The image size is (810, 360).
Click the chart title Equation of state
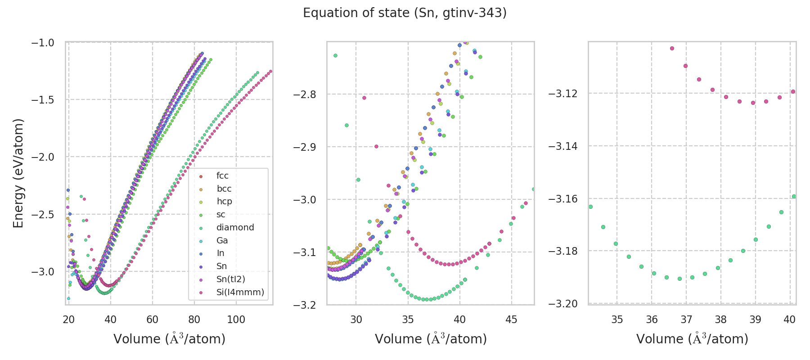click(x=405, y=13)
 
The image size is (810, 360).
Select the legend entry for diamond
click(x=235, y=227)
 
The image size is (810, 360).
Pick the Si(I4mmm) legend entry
click(x=240, y=292)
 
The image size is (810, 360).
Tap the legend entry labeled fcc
click(x=222, y=175)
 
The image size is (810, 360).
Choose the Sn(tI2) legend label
click(x=230, y=279)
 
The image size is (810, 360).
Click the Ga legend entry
click(x=222, y=240)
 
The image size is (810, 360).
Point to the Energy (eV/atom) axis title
click(x=18, y=173)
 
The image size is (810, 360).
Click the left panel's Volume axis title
click(x=169, y=339)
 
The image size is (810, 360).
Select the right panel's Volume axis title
click(x=692, y=339)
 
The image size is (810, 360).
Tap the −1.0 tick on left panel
click(x=42, y=43)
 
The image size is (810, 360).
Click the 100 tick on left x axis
click(x=236, y=319)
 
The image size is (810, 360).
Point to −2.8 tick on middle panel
click(x=305, y=94)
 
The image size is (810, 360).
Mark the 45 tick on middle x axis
click(x=512, y=319)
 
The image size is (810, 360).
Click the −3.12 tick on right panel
click(x=562, y=94)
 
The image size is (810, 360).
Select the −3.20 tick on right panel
click(x=562, y=304)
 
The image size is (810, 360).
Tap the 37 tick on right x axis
click(x=686, y=319)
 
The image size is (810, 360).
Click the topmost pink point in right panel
click(x=672, y=48)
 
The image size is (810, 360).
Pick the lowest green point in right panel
click(x=679, y=279)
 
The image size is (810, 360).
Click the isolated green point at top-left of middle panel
click(x=335, y=55)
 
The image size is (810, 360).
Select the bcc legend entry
click(x=224, y=189)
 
